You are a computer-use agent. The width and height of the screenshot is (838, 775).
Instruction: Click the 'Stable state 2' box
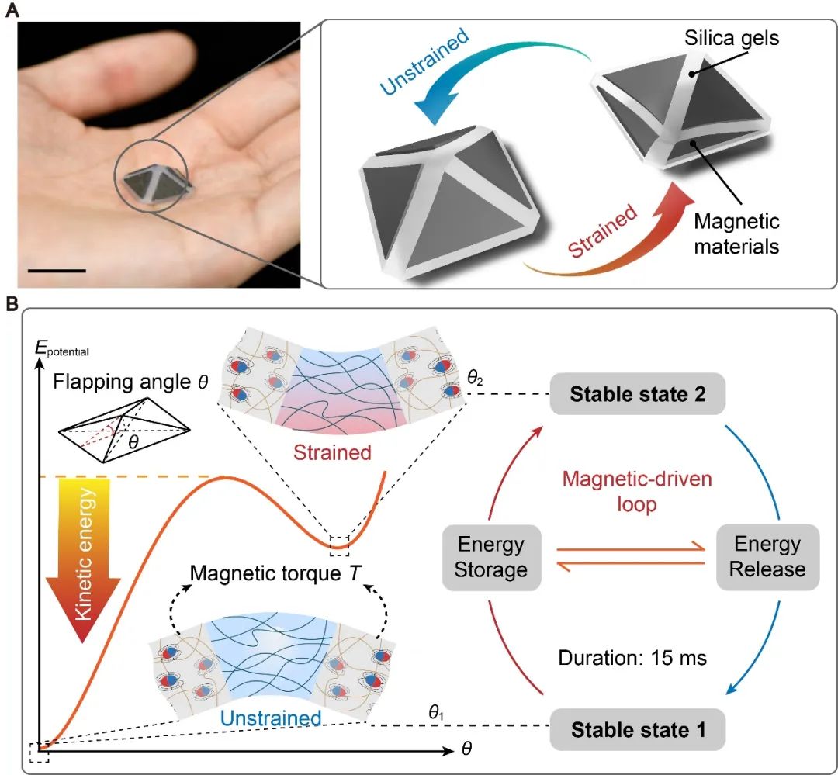(x=638, y=394)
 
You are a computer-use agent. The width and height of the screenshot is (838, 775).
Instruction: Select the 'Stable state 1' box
(x=638, y=729)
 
